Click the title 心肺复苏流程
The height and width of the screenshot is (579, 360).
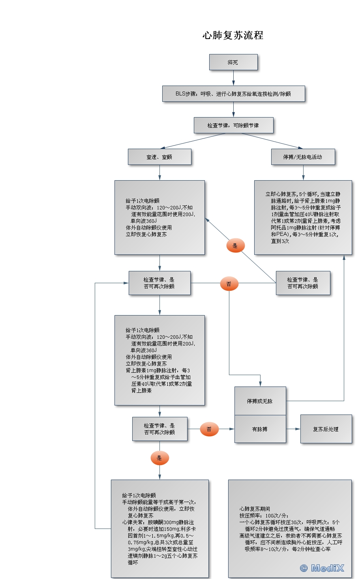pyautogui.click(x=233, y=35)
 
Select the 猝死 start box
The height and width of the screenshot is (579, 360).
pyautogui.click(x=233, y=62)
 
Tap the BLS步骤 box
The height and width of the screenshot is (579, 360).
pyautogui.click(x=233, y=94)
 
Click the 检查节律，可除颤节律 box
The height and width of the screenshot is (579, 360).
pyautogui.click(x=233, y=125)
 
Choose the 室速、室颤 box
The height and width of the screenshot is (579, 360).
pyautogui.click(x=159, y=157)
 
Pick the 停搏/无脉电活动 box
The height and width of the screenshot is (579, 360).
pyautogui.click(x=303, y=157)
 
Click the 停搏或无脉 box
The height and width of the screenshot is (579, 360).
pyautogui.click(x=260, y=401)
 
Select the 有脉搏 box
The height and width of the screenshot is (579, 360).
pyautogui.click(x=260, y=429)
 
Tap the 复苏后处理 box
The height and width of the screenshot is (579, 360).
pyautogui.click(x=326, y=429)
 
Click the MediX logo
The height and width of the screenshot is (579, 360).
pyautogui.click(x=322, y=568)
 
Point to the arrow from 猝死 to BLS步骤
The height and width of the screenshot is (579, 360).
pyautogui.click(x=233, y=78)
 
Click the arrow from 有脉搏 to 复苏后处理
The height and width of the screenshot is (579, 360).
pyautogui.click(x=293, y=429)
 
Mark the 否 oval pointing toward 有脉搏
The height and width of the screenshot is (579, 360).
pyautogui.click(x=209, y=429)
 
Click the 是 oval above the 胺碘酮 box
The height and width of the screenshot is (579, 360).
pyautogui.click(x=159, y=458)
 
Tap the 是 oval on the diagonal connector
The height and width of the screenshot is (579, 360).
pyautogui.click(x=235, y=246)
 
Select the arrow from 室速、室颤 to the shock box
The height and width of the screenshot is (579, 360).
pyautogui.click(x=159, y=173)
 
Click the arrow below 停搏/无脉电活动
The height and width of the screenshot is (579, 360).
pyautogui.click(x=303, y=173)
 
